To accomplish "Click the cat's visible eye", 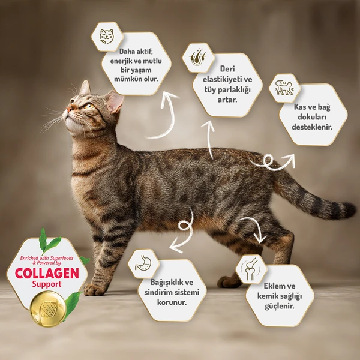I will (89, 106).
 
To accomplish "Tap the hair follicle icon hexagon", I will (199, 57).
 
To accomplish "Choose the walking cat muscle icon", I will (284, 88).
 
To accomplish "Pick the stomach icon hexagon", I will (143, 263).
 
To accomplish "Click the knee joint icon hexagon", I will (251, 269).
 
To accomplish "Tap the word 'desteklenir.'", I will (313, 127).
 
